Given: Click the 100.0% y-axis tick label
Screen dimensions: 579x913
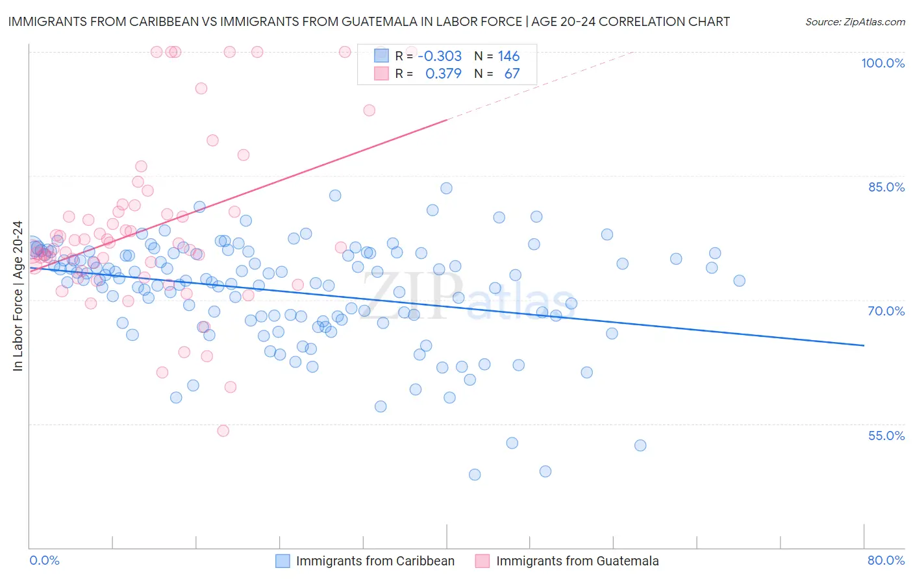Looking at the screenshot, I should click(882, 63).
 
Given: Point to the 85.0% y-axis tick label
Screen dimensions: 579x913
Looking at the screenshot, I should click(886, 187).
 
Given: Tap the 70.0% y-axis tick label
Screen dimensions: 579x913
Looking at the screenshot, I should click(886, 311).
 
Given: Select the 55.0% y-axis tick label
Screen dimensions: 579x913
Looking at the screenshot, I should click(886, 436).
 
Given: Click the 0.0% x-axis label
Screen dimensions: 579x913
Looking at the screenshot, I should click(44, 560).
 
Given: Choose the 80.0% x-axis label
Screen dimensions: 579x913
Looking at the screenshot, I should click(886, 560).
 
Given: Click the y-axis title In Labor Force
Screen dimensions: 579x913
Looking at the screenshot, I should click(18, 296).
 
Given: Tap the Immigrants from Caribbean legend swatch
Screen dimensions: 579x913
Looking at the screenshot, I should click(282, 561).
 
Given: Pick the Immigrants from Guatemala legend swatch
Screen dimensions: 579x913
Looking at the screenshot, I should click(482, 561).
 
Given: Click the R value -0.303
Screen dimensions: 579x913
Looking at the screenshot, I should click(440, 56).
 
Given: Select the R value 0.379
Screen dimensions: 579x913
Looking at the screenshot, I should click(444, 74).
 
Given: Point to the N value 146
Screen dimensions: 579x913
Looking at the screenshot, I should click(508, 56).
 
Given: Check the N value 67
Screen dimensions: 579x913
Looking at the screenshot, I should click(512, 74).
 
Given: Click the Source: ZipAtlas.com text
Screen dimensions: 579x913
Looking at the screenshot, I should click(855, 21).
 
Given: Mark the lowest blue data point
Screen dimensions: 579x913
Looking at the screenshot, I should click(475, 474).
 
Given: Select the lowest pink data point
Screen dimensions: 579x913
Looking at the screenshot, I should click(223, 430).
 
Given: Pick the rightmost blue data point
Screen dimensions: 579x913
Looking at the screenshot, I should click(739, 280).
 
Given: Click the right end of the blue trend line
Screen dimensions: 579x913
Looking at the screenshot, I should click(864, 345).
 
